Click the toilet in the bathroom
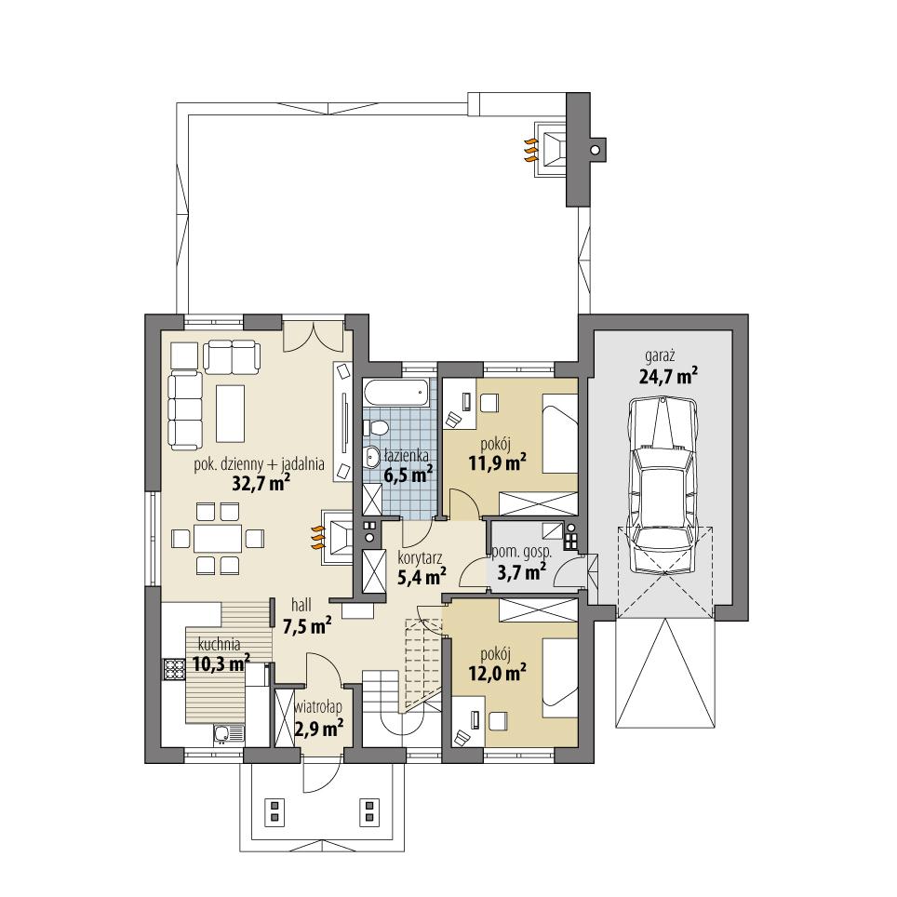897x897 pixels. [376, 429]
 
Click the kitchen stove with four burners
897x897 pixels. [174, 667]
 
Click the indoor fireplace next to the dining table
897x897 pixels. [336, 537]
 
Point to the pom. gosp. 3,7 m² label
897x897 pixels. [521, 563]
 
